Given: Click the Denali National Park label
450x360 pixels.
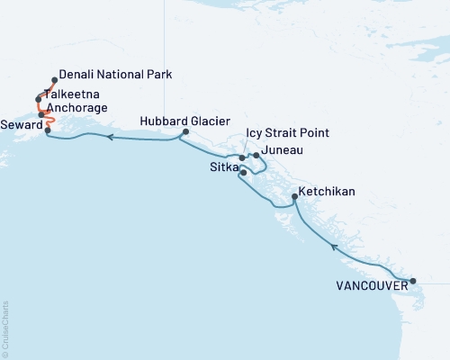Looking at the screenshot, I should (114, 75).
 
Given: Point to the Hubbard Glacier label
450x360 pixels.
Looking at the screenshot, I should (186, 121).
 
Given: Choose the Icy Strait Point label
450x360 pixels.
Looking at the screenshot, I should (287, 133).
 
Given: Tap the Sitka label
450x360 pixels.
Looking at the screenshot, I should (224, 168).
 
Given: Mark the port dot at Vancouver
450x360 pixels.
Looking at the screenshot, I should (412, 282).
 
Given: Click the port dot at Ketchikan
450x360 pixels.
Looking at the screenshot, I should (295, 198).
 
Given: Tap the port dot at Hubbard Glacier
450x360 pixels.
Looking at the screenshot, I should (184, 133).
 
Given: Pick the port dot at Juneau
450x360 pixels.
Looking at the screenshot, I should (256, 156).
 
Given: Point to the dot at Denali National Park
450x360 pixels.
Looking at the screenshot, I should (55, 79).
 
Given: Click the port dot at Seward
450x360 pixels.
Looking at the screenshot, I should (46, 130).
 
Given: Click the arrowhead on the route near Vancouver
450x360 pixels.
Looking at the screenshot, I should (334, 247).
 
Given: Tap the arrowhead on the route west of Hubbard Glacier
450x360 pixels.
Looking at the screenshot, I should (109, 138).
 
